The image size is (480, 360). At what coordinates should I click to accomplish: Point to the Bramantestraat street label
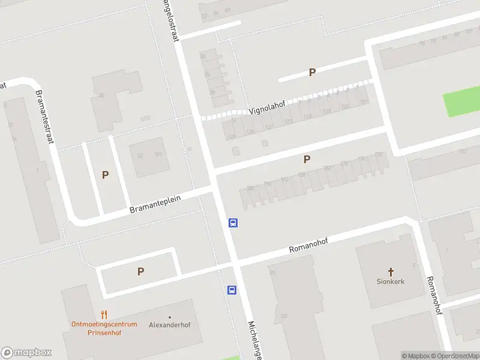(43, 116)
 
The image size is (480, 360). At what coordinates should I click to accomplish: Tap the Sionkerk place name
(391, 281)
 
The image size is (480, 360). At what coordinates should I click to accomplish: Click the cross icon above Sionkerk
(391, 271)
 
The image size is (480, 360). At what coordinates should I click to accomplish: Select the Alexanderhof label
(170, 325)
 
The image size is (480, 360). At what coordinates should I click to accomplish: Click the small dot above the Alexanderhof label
(170, 316)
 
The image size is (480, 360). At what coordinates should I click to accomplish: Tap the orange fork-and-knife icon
(104, 314)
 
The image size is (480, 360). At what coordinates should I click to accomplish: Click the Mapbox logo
(26, 353)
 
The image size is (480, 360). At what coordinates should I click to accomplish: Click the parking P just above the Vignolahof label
(312, 72)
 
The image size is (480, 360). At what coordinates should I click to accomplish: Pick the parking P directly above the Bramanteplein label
(105, 175)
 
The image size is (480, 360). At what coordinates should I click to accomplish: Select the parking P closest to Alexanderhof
(140, 271)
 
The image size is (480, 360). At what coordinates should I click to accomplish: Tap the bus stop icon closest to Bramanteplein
(233, 223)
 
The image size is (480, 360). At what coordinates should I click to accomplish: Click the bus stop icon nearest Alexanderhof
(232, 290)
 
